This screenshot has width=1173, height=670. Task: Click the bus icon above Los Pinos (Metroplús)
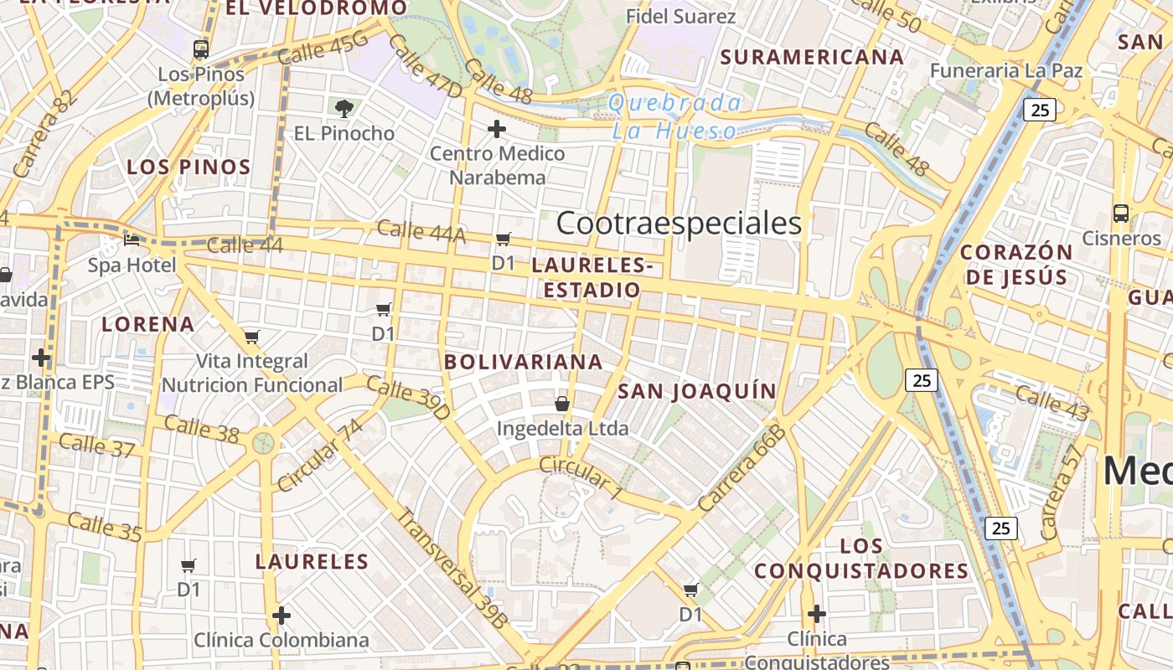[x=201, y=49]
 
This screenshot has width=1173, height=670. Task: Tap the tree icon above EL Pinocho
[x=344, y=108]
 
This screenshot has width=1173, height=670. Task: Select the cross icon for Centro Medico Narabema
[x=497, y=129]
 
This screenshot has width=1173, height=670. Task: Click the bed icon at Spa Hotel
[x=132, y=240]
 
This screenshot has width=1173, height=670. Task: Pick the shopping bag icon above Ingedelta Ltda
[x=562, y=405]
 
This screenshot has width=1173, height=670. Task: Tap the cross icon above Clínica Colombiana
[x=282, y=616]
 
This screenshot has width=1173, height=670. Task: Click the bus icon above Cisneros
[x=1121, y=214]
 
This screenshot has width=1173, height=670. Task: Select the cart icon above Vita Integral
[x=252, y=338]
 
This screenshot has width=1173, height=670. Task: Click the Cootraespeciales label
[x=679, y=224]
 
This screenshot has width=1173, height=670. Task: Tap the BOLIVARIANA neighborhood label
[x=524, y=362]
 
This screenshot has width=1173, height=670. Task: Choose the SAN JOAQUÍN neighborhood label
[x=697, y=391]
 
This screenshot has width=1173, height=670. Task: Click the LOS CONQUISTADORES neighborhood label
[x=861, y=559]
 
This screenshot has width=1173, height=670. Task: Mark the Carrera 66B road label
[x=742, y=469]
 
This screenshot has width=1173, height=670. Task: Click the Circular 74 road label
[x=321, y=455]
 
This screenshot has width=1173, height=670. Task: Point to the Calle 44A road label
[x=421, y=232]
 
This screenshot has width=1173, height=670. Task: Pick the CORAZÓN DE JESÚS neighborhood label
[x=1015, y=265]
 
